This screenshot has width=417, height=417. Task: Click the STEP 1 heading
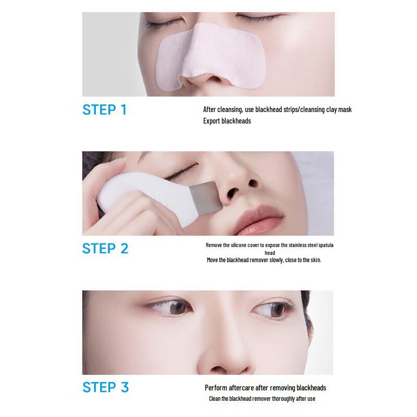click(x=104, y=110)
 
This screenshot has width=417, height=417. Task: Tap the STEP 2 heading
click(x=105, y=248)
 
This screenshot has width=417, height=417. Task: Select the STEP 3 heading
click(x=105, y=387)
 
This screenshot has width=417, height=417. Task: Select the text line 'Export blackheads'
click(x=227, y=121)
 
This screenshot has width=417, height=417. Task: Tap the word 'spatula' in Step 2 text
click(x=312, y=245)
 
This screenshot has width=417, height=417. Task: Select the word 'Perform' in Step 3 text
click(x=215, y=388)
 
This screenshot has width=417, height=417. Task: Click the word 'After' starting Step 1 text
click(x=210, y=109)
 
